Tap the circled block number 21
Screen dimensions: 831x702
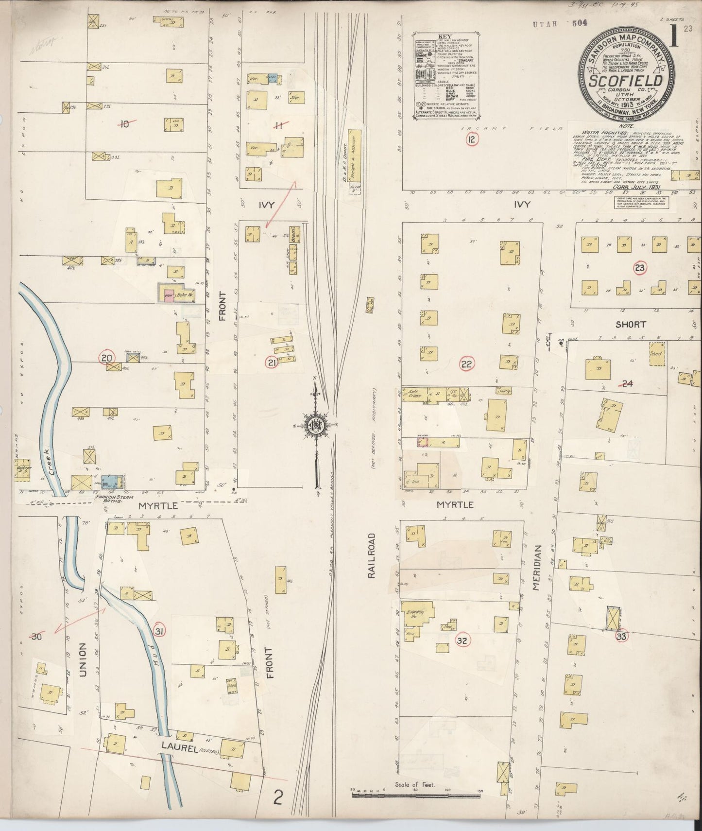pyautogui.click(x=271, y=362)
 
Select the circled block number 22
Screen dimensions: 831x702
pyautogui.click(x=467, y=364)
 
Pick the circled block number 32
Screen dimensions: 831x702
pyautogui.click(x=462, y=641)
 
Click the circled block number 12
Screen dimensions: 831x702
pyautogui.click(x=471, y=140)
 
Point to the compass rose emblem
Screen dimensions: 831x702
pyautogui.click(x=316, y=426)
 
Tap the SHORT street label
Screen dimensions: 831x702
pyautogui.click(x=630, y=324)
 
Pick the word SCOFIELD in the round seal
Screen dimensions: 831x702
pyautogui.click(x=626, y=80)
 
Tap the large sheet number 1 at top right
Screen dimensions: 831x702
pyautogui.click(x=674, y=38)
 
